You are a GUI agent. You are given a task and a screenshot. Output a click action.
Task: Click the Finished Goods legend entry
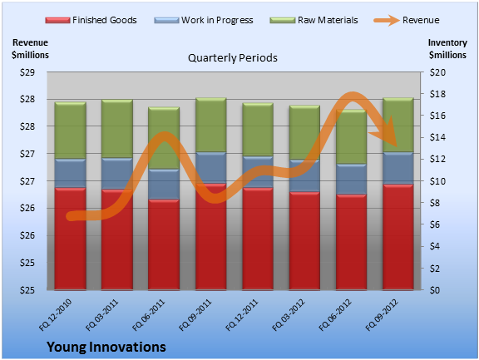coord(91,20)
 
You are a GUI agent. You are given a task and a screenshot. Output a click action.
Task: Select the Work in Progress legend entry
coord(204,20)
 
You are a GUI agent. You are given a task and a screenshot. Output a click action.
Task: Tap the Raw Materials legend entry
coord(314,20)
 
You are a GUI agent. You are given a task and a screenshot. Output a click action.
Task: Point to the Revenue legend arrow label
coord(421,20)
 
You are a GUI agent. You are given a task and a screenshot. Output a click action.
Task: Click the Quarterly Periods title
coord(233,58)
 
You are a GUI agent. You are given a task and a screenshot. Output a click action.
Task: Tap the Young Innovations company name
coord(106,347)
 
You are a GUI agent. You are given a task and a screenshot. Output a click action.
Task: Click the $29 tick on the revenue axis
coord(27,72)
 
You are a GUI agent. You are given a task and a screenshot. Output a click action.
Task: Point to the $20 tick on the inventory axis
coord(437,72)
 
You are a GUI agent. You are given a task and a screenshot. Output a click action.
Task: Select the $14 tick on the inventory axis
coord(437,138)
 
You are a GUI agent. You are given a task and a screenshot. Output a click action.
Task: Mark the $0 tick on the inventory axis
coord(435,290)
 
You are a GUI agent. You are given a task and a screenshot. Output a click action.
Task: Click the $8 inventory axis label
coord(435,203)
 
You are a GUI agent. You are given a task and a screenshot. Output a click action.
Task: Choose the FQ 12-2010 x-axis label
coord(56,315)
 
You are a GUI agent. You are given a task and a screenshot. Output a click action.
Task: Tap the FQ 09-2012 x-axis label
coord(382,315)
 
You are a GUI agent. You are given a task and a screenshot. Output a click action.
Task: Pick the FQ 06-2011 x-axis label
coord(149,315)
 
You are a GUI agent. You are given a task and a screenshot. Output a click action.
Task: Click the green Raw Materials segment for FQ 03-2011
coord(117,129)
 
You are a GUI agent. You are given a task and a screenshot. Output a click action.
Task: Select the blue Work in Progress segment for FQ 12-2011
coord(258,172)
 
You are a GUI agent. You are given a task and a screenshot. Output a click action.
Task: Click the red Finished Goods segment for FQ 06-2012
coord(351,242)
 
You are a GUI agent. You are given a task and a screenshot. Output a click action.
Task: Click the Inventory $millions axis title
coord(447,49)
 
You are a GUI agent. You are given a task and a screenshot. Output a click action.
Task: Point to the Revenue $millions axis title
coord(30,49)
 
